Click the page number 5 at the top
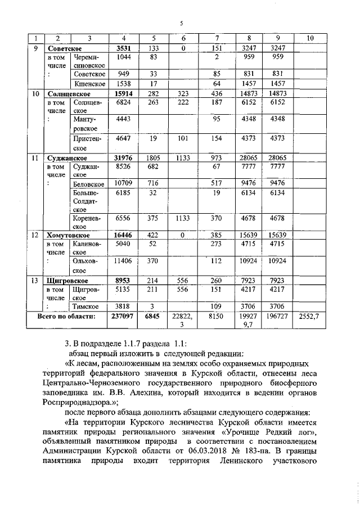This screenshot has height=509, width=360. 181,23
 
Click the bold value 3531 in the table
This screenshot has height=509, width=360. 123,48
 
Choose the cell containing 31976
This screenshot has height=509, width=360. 123,159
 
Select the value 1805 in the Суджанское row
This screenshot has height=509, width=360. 154,159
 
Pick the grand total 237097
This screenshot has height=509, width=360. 123,317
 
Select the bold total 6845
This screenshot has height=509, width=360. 154,317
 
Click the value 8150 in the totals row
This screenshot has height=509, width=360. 216,317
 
